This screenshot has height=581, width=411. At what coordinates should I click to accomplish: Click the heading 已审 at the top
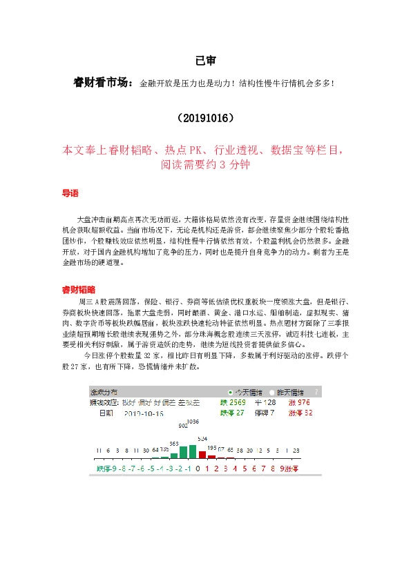coord(204,61)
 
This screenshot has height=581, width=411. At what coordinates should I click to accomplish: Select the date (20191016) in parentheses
coord(205,118)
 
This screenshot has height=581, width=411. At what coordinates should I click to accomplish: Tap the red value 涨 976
coord(299,402)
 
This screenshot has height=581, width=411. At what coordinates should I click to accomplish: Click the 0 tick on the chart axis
coord(198,469)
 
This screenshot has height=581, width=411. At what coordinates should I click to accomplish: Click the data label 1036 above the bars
coord(193,421)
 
